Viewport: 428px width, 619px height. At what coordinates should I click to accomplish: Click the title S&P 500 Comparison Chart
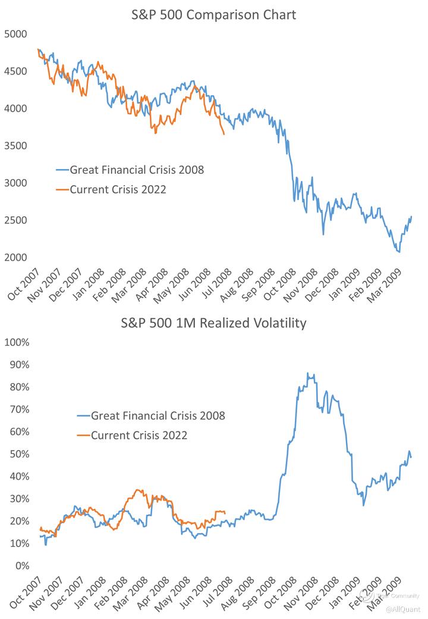213,15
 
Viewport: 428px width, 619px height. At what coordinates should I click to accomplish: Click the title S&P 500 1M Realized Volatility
213,323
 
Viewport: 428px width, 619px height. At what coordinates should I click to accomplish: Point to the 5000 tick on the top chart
17,35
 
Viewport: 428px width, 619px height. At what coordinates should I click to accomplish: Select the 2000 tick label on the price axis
17,258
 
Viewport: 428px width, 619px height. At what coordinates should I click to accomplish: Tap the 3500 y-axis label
17,146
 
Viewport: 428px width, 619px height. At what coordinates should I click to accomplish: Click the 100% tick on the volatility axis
17,343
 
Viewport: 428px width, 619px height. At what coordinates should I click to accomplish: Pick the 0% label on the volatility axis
22,566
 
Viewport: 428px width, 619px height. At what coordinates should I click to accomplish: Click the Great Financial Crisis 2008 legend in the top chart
137,170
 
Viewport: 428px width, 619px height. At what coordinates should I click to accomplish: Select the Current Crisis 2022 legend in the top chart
118,190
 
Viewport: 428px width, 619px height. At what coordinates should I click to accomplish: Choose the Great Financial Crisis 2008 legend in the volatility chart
158,415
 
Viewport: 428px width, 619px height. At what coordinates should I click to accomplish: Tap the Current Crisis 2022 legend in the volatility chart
139,436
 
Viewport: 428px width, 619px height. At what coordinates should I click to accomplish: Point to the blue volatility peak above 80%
307,373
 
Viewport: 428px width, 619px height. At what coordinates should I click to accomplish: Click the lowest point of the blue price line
399,252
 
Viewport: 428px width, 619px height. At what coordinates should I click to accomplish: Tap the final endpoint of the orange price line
224,135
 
